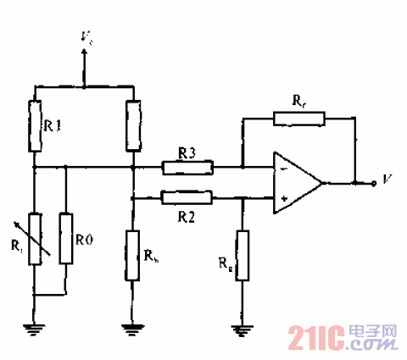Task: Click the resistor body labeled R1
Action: [x=35, y=125]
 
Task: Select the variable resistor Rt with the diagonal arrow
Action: [x=35, y=239]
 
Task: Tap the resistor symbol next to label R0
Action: [x=65, y=239]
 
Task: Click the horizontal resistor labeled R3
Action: [x=187, y=168]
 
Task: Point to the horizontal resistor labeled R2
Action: [x=187, y=197]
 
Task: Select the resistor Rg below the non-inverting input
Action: [x=243, y=255]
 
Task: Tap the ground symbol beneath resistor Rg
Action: [x=243, y=333]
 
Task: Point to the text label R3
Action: [x=187, y=152]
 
